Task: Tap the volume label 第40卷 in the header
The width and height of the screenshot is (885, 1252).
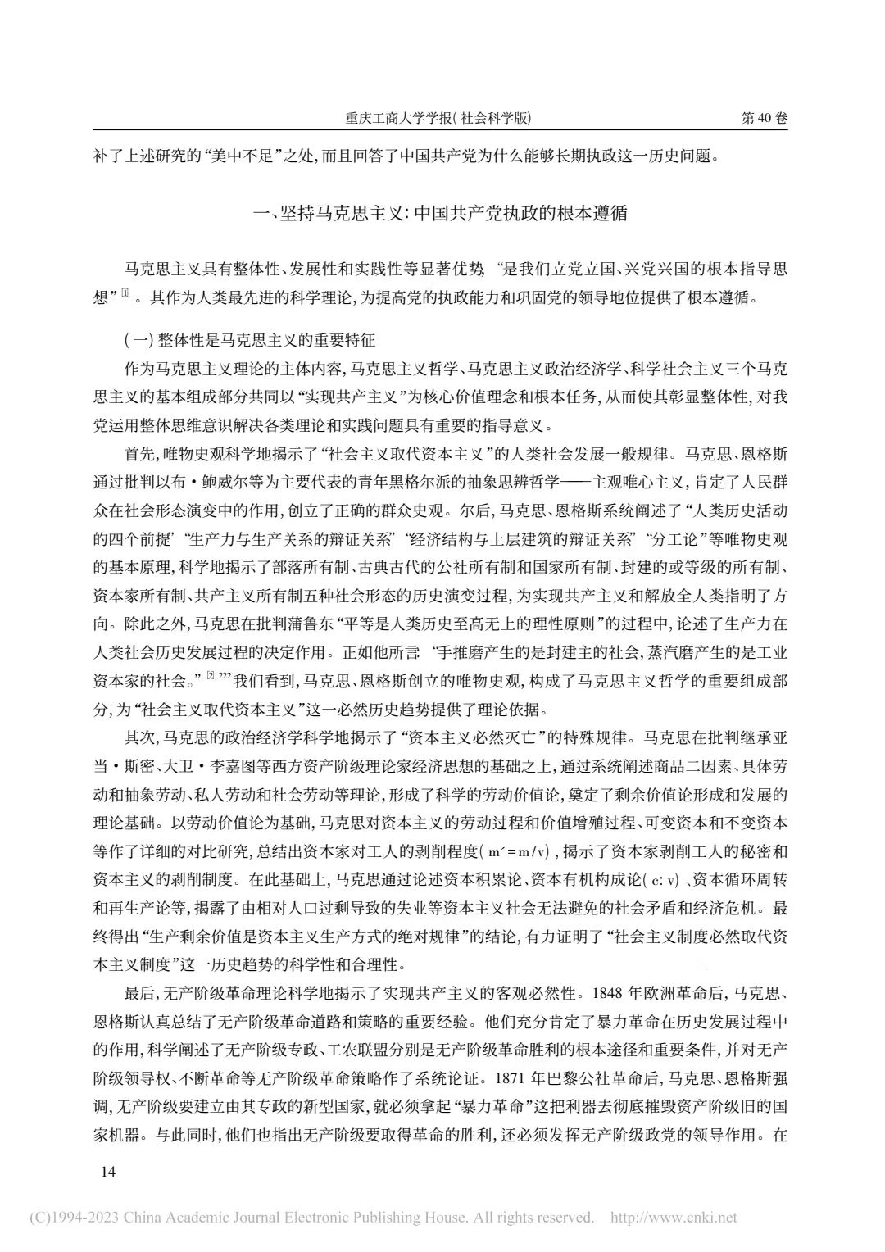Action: pyautogui.click(x=764, y=118)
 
